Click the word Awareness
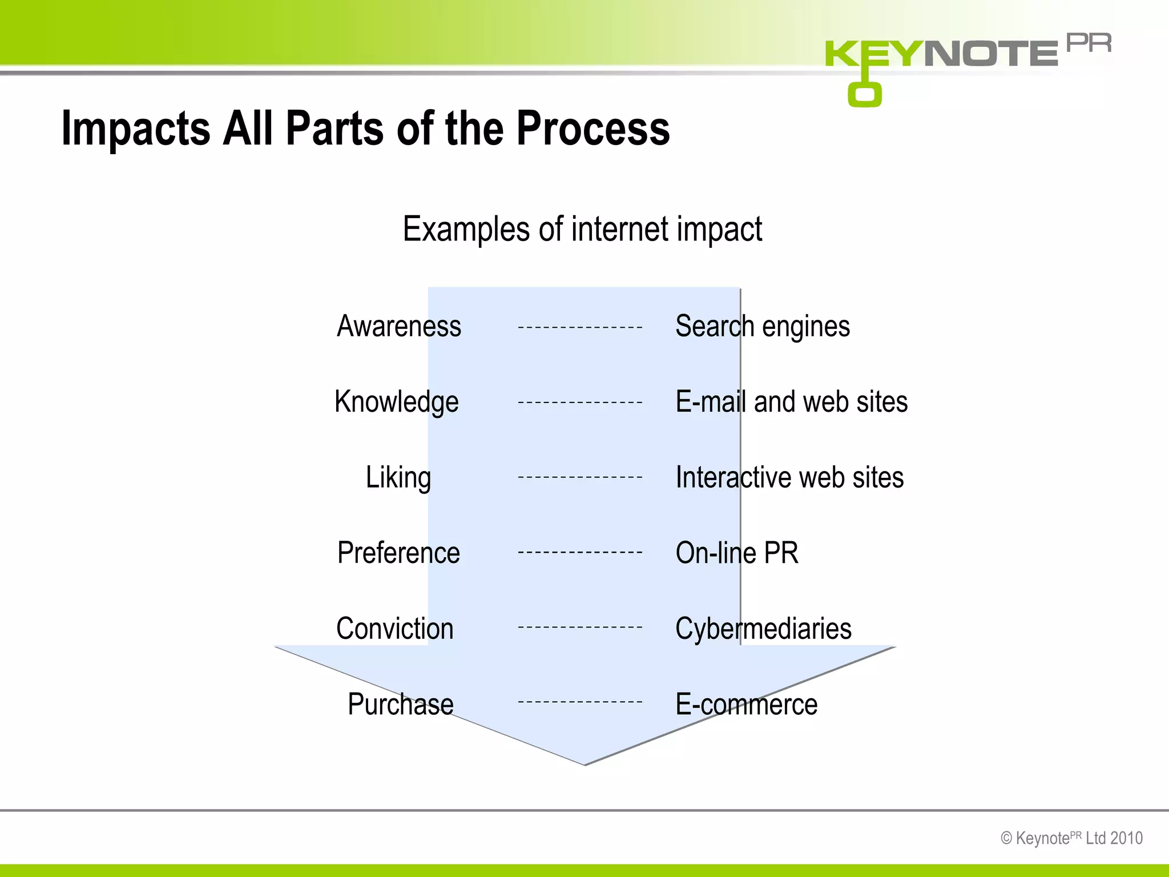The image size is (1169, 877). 399,327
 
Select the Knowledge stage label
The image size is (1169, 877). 397,402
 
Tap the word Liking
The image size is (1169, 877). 398,477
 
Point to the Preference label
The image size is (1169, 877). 398,553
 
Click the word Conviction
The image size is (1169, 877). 395,628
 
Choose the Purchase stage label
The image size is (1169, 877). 401,704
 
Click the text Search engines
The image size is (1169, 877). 763,327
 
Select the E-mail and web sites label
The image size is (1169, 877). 791,402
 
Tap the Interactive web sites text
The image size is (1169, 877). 789,477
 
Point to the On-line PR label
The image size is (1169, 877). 737,553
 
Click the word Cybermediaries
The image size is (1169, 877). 763,628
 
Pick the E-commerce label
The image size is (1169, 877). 746,704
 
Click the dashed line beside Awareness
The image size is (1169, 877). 580,328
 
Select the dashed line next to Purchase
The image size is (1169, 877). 580,702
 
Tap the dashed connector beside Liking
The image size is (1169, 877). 580,477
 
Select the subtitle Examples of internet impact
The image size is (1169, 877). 582,229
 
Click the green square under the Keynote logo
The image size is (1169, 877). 865,94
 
